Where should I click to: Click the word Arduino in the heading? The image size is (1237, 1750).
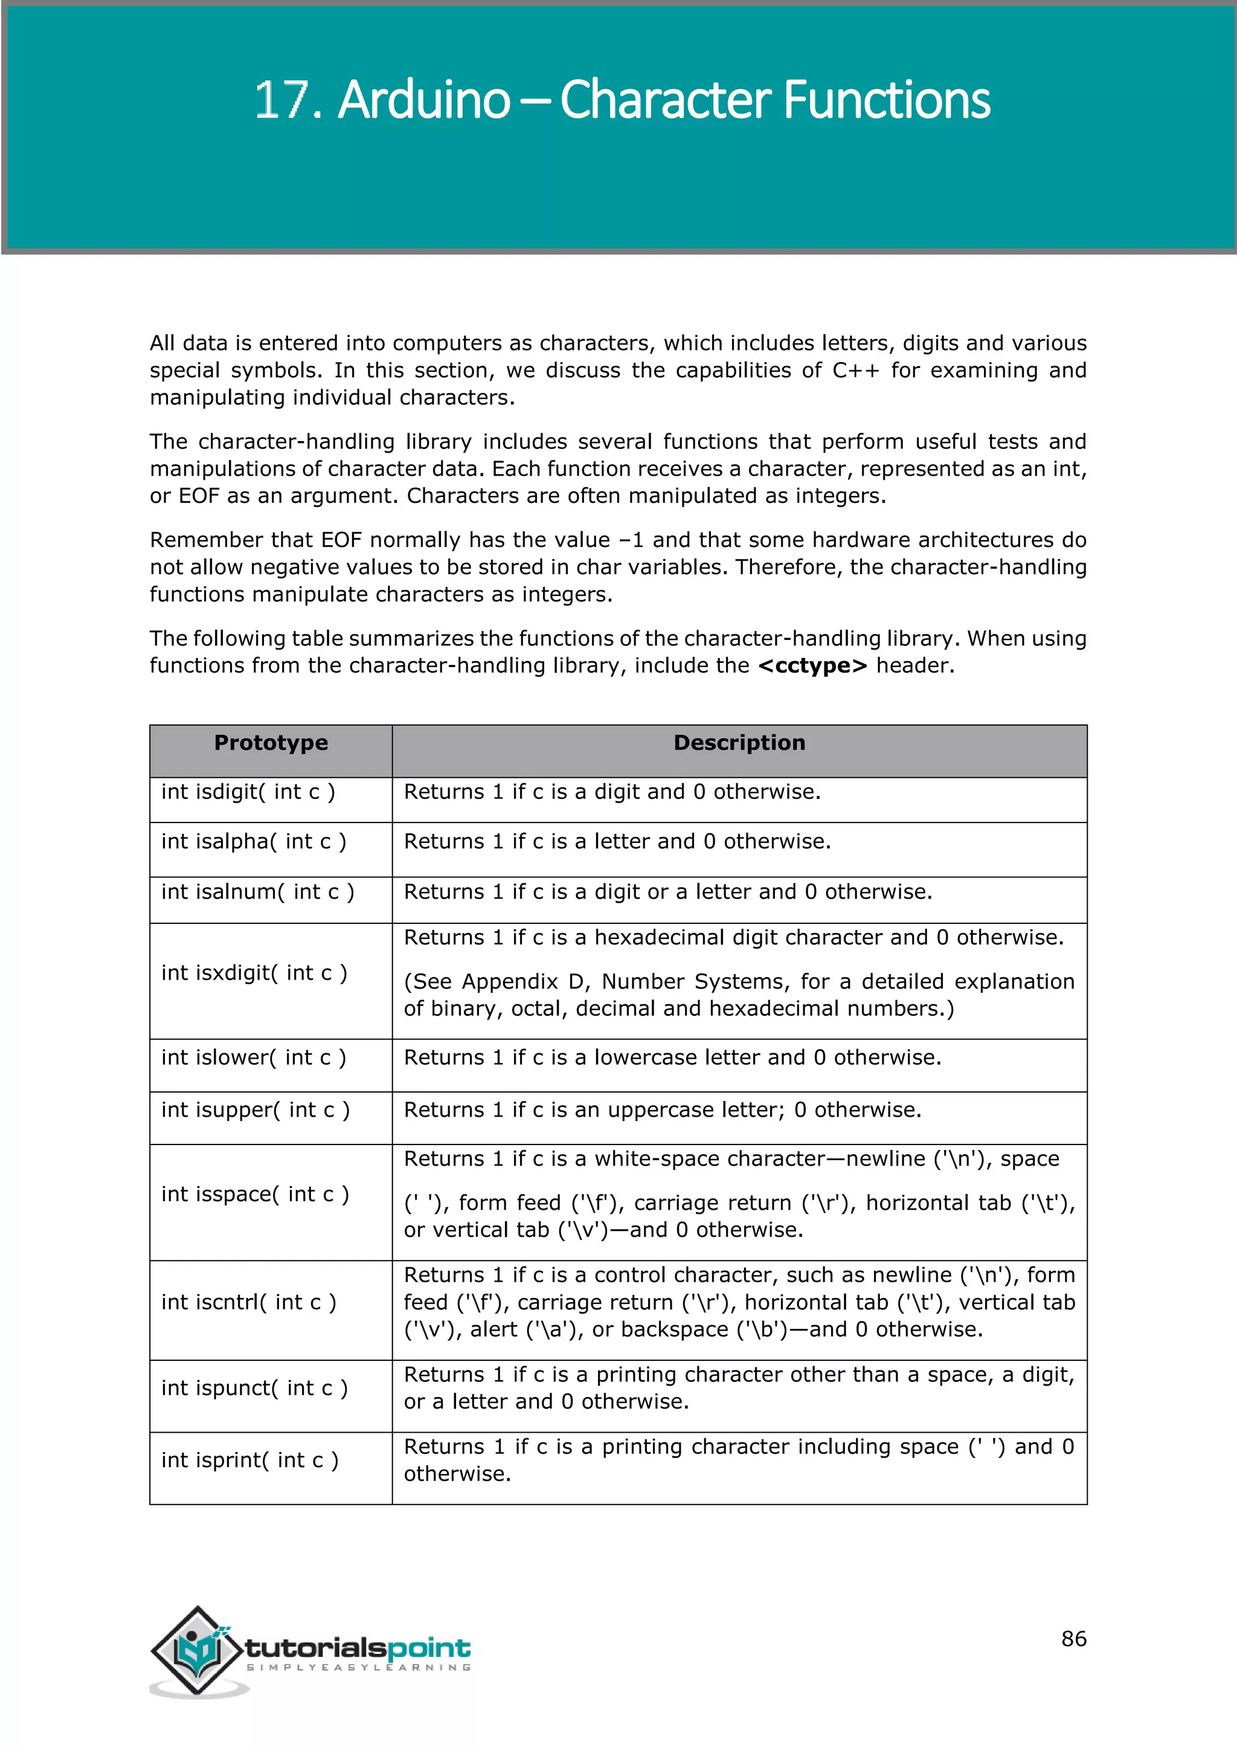click(x=423, y=100)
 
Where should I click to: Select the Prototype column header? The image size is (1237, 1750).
click(x=271, y=743)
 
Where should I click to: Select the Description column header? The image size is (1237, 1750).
click(x=739, y=743)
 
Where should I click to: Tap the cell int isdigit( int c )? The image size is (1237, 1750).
click(x=248, y=792)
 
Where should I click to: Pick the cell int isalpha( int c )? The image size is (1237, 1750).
click(x=254, y=842)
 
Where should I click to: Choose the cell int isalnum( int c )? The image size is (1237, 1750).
click(x=257, y=892)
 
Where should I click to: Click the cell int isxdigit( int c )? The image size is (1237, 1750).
click(x=254, y=973)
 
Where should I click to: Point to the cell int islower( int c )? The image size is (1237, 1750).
click(x=254, y=1058)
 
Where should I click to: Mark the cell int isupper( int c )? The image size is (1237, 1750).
click(x=255, y=1111)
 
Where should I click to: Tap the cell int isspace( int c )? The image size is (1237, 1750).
click(x=255, y=1194)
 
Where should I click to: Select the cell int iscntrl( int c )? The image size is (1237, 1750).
click(x=248, y=1303)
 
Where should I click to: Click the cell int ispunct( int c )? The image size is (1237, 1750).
click(x=254, y=1389)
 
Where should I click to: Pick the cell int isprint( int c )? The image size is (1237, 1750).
click(x=250, y=1461)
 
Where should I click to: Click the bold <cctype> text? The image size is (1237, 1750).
click(x=813, y=666)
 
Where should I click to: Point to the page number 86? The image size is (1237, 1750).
click(x=1073, y=1639)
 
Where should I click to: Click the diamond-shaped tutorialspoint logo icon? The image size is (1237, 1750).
click(x=198, y=1650)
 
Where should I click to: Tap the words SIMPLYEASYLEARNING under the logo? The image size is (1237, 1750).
click(x=358, y=1668)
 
